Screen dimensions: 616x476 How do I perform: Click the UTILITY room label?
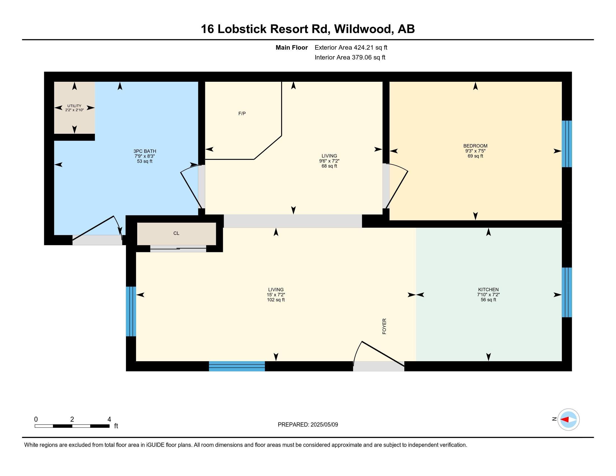click(x=74, y=106)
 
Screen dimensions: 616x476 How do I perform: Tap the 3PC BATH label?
click(x=145, y=151)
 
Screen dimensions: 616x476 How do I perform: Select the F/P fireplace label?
click(x=242, y=114)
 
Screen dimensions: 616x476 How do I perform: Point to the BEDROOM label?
click(x=475, y=146)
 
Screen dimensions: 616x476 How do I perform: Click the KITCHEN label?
click(x=488, y=290)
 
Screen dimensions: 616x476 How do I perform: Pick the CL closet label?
click(x=176, y=233)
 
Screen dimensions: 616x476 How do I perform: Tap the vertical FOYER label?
click(x=384, y=326)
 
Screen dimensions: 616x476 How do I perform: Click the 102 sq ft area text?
click(x=276, y=300)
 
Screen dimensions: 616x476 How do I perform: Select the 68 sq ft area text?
click(x=329, y=166)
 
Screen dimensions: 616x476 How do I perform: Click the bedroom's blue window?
click(x=567, y=144)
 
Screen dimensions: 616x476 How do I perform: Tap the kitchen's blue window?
click(x=567, y=292)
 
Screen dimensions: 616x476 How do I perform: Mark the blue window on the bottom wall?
click(x=237, y=366)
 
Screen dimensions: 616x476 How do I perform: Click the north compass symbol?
click(x=568, y=419)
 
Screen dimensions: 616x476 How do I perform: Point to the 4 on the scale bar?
click(x=109, y=419)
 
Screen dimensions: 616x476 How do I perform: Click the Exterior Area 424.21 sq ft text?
click(x=351, y=47)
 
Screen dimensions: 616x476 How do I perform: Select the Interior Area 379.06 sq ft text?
click(x=350, y=57)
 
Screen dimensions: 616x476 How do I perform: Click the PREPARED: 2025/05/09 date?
click(x=308, y=424)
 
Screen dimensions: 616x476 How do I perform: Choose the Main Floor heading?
click(x=292, y=47)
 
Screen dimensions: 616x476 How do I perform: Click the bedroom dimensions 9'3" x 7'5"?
click(x=475, y=151)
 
